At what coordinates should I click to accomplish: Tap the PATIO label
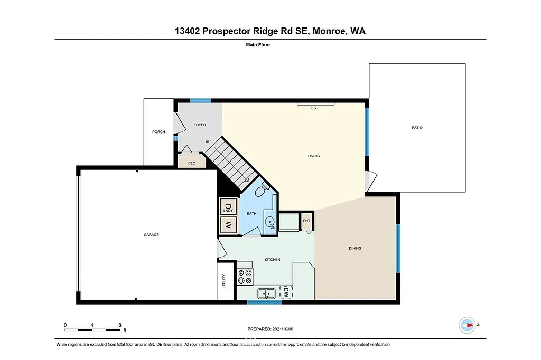[x=417, y=128]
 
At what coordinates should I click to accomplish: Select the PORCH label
[x=158, y=132]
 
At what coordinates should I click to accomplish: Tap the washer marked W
[x=228, y=224]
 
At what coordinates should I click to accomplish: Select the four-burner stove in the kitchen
[x=245, y=277]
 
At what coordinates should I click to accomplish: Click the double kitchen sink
[x=266, y=292]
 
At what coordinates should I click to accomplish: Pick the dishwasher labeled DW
[x=285, y=292]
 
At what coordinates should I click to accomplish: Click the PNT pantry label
[x=306, y=221]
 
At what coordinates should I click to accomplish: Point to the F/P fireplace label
[x=313, y=109]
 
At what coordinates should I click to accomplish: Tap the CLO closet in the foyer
[x=192, y=163]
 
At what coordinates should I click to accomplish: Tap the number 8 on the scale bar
[x=120, y=325]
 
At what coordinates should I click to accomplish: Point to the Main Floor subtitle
[x=258, y=45]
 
